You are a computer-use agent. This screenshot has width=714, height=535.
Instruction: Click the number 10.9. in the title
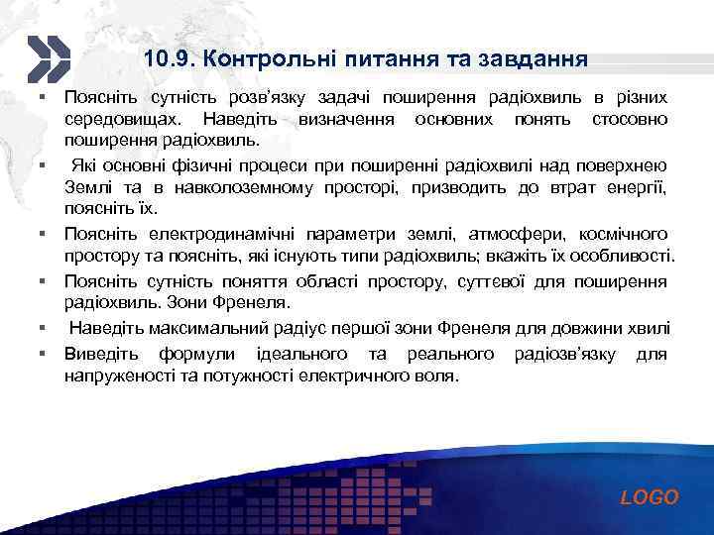(168, 59)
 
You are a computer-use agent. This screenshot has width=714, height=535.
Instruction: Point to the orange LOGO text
(650, 498)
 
